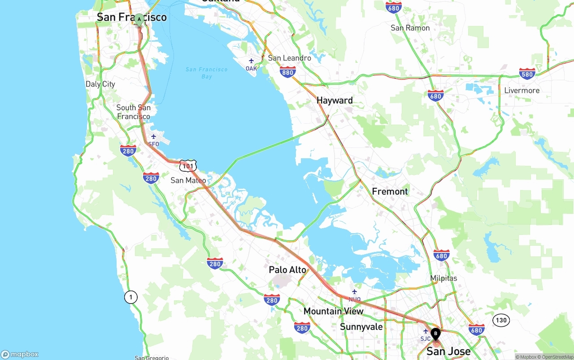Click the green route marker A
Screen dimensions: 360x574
click(139, 20)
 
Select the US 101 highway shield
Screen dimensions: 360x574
click(188, 166)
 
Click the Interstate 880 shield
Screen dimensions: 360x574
click(287, 72)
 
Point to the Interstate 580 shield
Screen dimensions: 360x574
click(527, 74)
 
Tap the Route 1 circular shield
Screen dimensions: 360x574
click(130, 297)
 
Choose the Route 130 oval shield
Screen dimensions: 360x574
click(501, 320)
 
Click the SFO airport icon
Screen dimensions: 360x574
click(153, 137)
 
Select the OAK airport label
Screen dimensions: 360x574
click(251, 69)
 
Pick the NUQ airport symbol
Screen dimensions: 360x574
click(354, 292)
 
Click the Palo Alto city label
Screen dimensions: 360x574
click(287, 270)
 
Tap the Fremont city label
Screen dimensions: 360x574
click(390, 191)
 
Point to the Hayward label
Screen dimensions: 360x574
click(335, 100)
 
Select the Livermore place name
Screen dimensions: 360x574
click(522, 91)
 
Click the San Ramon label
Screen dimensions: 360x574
click(410, 28)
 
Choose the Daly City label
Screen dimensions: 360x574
click(100, 84)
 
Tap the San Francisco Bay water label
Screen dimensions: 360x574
click(206, 73)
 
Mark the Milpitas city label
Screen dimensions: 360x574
click(444, 278)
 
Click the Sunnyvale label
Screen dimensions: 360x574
click(361, 326)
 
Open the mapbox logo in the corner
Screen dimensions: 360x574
click(20, 355)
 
